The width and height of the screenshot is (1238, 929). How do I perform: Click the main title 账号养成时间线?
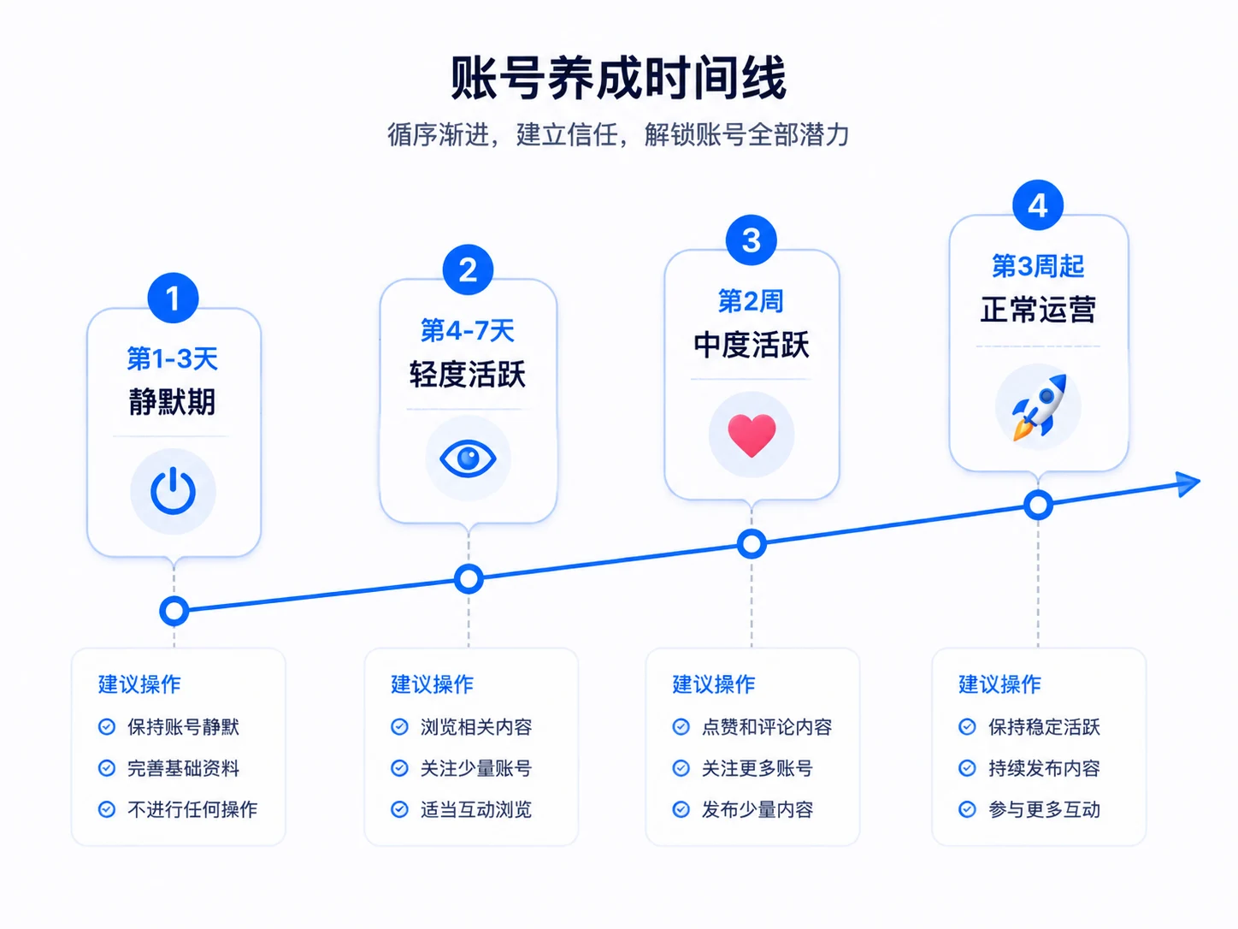pyautogui.click(x=618, y=77)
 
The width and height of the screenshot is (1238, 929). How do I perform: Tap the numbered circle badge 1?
pyautogui.click(x=174, y=298)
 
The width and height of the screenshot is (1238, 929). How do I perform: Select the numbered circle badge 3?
pyautogui.click(x=752, y=240)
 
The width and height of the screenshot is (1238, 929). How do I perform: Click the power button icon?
pyautogui.click(x=174, y=491)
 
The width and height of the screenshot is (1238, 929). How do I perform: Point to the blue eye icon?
pyautogui.click(x=469, y=458)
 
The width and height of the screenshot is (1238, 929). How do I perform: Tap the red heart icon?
pyautogui.click(x=752, y=435)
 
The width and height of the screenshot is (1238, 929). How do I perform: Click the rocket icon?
pyautogui.click(x=1039, y=407)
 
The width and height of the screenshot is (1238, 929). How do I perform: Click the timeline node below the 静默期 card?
pyautogui.click(x=174, y=611)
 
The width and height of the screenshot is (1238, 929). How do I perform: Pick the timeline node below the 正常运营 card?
pyautogui.click(x=1038, y=505)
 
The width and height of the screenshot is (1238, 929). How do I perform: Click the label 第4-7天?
pyautogui.click(x=468, y=330)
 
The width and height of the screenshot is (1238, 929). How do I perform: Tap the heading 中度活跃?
pyautogui.click(x=752, y=345)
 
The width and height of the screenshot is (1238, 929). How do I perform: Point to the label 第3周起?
pyautogui.click(x=1038, y=266)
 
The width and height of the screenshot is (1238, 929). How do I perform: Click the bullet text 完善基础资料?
pyautogui.click(x=183, y=768)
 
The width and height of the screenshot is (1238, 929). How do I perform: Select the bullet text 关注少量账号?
pyautogui.click(x=476, y=768)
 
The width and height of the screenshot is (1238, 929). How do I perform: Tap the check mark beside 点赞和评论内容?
pyautogui.click(x=681, y=726)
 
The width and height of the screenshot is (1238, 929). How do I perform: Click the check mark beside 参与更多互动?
pyautogui.click(x=967, y=809)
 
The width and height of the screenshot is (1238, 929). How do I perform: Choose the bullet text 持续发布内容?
pyautogui.click(x=1044, y=768)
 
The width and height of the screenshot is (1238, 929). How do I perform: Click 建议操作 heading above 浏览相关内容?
pyautogui.click(x=432, y=684)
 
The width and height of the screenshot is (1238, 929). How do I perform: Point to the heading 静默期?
pyautogui.click(x=172, y=401)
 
